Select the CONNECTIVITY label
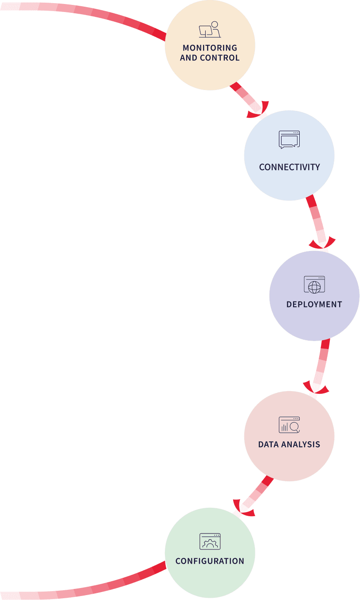coord(289,167)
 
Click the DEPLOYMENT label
coord(314,305)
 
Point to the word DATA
coord(269,444)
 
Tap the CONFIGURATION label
coord(210,561)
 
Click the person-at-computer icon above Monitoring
coord(210,30)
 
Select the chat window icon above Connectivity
coord(289,139)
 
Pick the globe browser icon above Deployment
coord(314,285)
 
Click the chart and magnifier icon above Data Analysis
coord(289,425)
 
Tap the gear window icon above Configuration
coord(210,541)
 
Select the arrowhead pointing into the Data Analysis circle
coord(315,388)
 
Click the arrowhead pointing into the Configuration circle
coord(243,509)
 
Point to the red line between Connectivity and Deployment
coord(316,217)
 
